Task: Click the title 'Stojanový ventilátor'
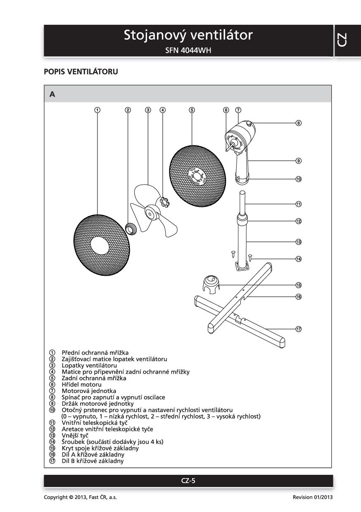pos(188,36)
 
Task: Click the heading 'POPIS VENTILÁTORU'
pos(81,72)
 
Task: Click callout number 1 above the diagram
pos(97,110)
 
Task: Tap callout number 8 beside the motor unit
pos(298,123)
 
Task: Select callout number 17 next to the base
pos(298,329)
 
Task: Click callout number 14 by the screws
pos(298,259)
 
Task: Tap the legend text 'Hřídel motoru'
pos(81,384)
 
